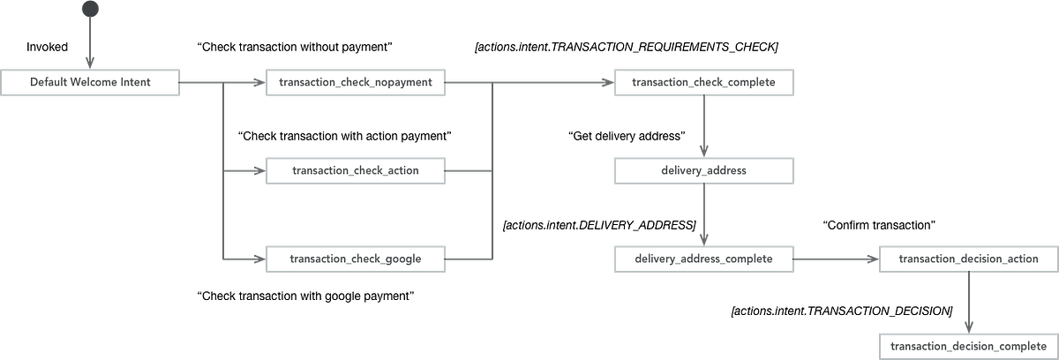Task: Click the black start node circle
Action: coord(90,8)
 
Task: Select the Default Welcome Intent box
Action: coord(91,83)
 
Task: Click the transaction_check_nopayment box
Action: coord(355,83)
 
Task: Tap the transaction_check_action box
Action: coord(355,170)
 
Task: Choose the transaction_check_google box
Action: coord(355,259)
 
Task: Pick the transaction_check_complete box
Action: coord(703,83)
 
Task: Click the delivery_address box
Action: coord(703,170)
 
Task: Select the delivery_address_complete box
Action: coord(703,259)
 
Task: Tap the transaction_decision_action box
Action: coord(968,259)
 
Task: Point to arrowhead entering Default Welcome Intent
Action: coord(90,62)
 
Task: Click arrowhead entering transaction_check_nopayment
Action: coord(257,83)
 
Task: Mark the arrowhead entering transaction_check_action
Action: coord(257,170)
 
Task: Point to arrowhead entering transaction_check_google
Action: coord(257,259)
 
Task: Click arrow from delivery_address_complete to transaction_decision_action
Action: coord(836,259)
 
